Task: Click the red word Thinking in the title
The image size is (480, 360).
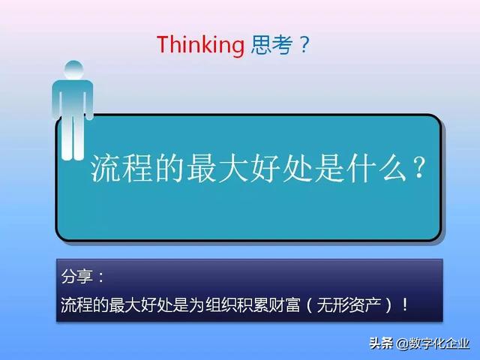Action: point(200,45)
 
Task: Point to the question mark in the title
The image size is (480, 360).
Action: point(304,45)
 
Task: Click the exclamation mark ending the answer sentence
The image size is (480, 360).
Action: point(406,305)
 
